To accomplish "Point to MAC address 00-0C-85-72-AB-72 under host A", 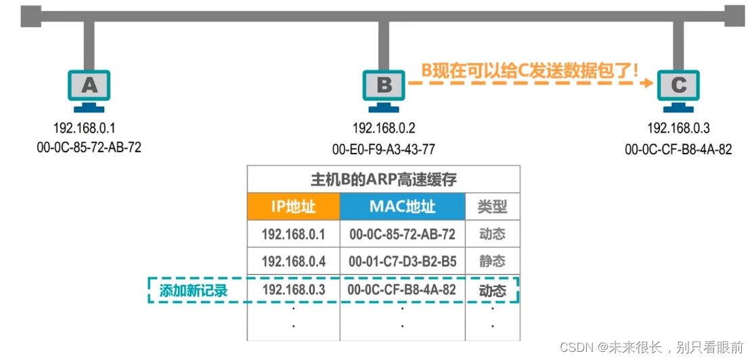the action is coord(89,147).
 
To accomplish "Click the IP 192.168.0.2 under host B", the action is coord(384,128).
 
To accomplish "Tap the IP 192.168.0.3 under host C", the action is coord(678,128).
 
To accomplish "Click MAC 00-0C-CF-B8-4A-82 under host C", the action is coord(678,149).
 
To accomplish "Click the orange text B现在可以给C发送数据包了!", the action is coord(530,69).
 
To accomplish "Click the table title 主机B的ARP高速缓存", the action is coord(383,180).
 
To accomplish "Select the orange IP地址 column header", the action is coord(292,206).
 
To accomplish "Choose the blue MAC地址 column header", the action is coord(402,206).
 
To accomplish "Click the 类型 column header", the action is coord(492,206).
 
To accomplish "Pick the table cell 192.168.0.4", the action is coord(294,261).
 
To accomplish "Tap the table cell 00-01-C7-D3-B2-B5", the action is coord(402,261).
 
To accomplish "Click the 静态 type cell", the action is coord(492,261).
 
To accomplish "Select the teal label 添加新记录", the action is coord(193,291).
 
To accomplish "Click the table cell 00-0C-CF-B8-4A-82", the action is coord(402,290).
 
